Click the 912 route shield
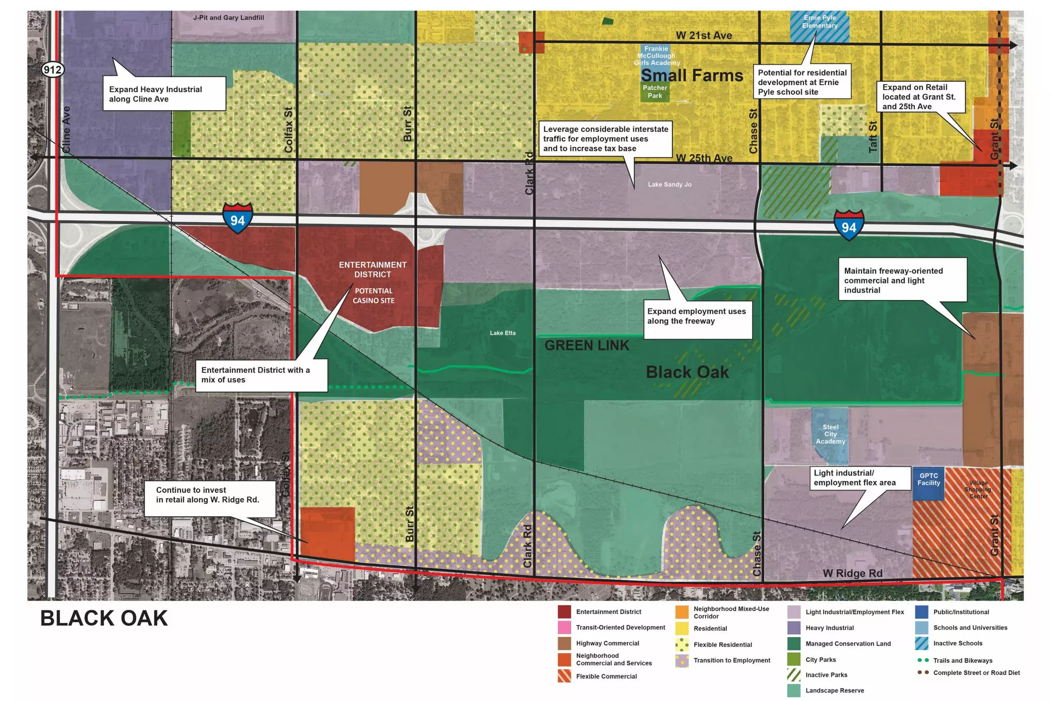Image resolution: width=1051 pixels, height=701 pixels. (x=53, y=69)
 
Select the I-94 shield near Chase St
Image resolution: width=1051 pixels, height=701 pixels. (x=849, y=225)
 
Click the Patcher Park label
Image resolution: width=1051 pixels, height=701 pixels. (x=655, y=92)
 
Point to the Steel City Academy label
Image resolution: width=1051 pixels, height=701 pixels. (x=830, y=434)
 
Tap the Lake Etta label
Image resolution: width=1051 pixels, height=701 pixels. (x=502, y=333)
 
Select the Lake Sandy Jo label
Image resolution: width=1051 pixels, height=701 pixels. (x=669, y=185)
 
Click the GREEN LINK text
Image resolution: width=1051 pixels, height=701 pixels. (x=587, y=346)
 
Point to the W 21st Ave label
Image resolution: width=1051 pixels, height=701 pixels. (x=704, y=35)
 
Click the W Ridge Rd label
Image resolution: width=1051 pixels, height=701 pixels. (x=852, y=574)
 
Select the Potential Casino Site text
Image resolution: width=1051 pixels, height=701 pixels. (x=373, y=296)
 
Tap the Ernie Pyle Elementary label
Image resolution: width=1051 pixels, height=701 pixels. (x=820, y=22)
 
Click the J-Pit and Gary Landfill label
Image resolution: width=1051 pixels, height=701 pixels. (x=228, y=18)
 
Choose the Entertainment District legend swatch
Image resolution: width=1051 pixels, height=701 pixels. (x=564, y=612)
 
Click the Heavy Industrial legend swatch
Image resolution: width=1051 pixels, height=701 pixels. (x=793, y=628)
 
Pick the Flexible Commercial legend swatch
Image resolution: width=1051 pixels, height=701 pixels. (x=564, y=676)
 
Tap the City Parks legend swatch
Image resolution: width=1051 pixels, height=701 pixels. (x=793, y=659)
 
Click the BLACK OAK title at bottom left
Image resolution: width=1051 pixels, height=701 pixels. (x=104, y=618)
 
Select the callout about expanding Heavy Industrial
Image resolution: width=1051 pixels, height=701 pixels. (x=164, y=94)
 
